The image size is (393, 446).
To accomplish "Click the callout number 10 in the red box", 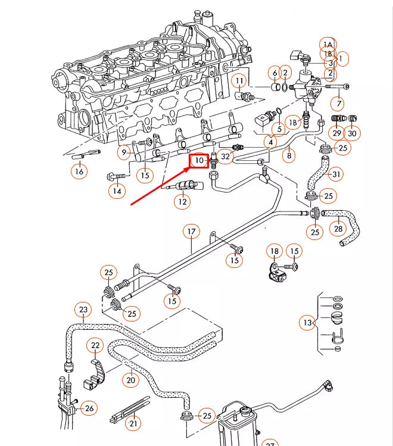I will click(x=198, y=161).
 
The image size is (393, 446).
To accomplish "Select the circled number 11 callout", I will click(x=239, y=80).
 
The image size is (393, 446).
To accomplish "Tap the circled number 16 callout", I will click(x=79, y=172).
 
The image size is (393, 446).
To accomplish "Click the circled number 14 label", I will click(x=117, y=191).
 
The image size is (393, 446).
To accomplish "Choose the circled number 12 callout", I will click(x=182, y=202).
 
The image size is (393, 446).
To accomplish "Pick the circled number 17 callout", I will click(x=191, y=231).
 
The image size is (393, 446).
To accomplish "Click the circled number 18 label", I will click(x=274, y=251).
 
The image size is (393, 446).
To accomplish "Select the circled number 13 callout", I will click(x=307, y=323).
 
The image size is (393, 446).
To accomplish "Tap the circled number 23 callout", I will click(x=83, y=310).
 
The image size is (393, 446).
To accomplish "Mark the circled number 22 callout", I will click(x=95, y=345).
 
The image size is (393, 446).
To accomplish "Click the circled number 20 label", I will click(x=130, y=380).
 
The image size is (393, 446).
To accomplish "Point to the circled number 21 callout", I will click(x=133, y=424).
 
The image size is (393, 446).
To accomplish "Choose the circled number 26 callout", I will click(x=89, y=408).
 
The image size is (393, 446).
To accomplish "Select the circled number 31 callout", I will click(x=336, y=174).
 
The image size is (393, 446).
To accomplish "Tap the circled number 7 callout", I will click(x=339, y=104).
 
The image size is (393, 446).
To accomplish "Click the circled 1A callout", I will click(x=328, y=44).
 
